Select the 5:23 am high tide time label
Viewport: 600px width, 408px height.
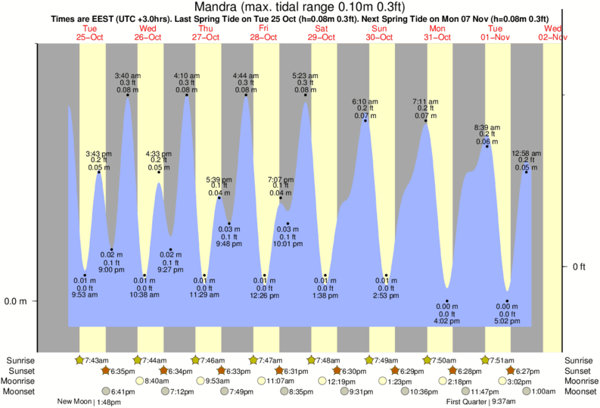point(305,75)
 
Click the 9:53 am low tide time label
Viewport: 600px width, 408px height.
point(85,294)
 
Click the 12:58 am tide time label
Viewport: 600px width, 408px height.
point(526,153)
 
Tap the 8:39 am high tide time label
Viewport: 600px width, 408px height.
point(487,127)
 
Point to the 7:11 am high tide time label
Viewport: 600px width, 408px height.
point(425,101)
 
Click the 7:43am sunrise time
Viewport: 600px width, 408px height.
point(97,360)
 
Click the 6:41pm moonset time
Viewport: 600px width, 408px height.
point(122,391)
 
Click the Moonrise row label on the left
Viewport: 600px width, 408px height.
point(20,381)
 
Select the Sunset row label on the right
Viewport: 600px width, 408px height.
point(579,370)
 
